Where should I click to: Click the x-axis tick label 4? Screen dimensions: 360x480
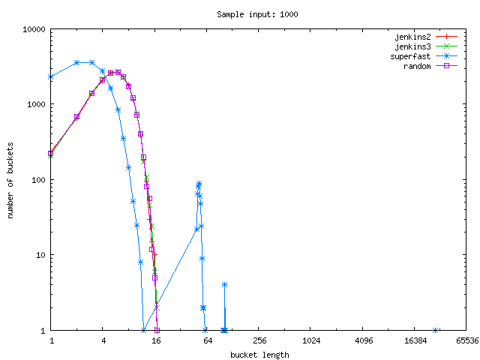click(103, 340)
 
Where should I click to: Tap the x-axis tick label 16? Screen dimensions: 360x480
click(155, 340)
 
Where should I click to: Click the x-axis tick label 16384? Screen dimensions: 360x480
click(415, 340)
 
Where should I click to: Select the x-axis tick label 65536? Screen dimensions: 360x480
click(466, 340)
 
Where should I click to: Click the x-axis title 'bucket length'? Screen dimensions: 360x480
click(259, 354)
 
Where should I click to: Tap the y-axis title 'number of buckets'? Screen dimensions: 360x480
click(11, 180)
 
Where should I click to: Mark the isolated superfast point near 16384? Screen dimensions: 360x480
click(436, 330)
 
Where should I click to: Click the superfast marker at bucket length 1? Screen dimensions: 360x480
click(51, 76)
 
